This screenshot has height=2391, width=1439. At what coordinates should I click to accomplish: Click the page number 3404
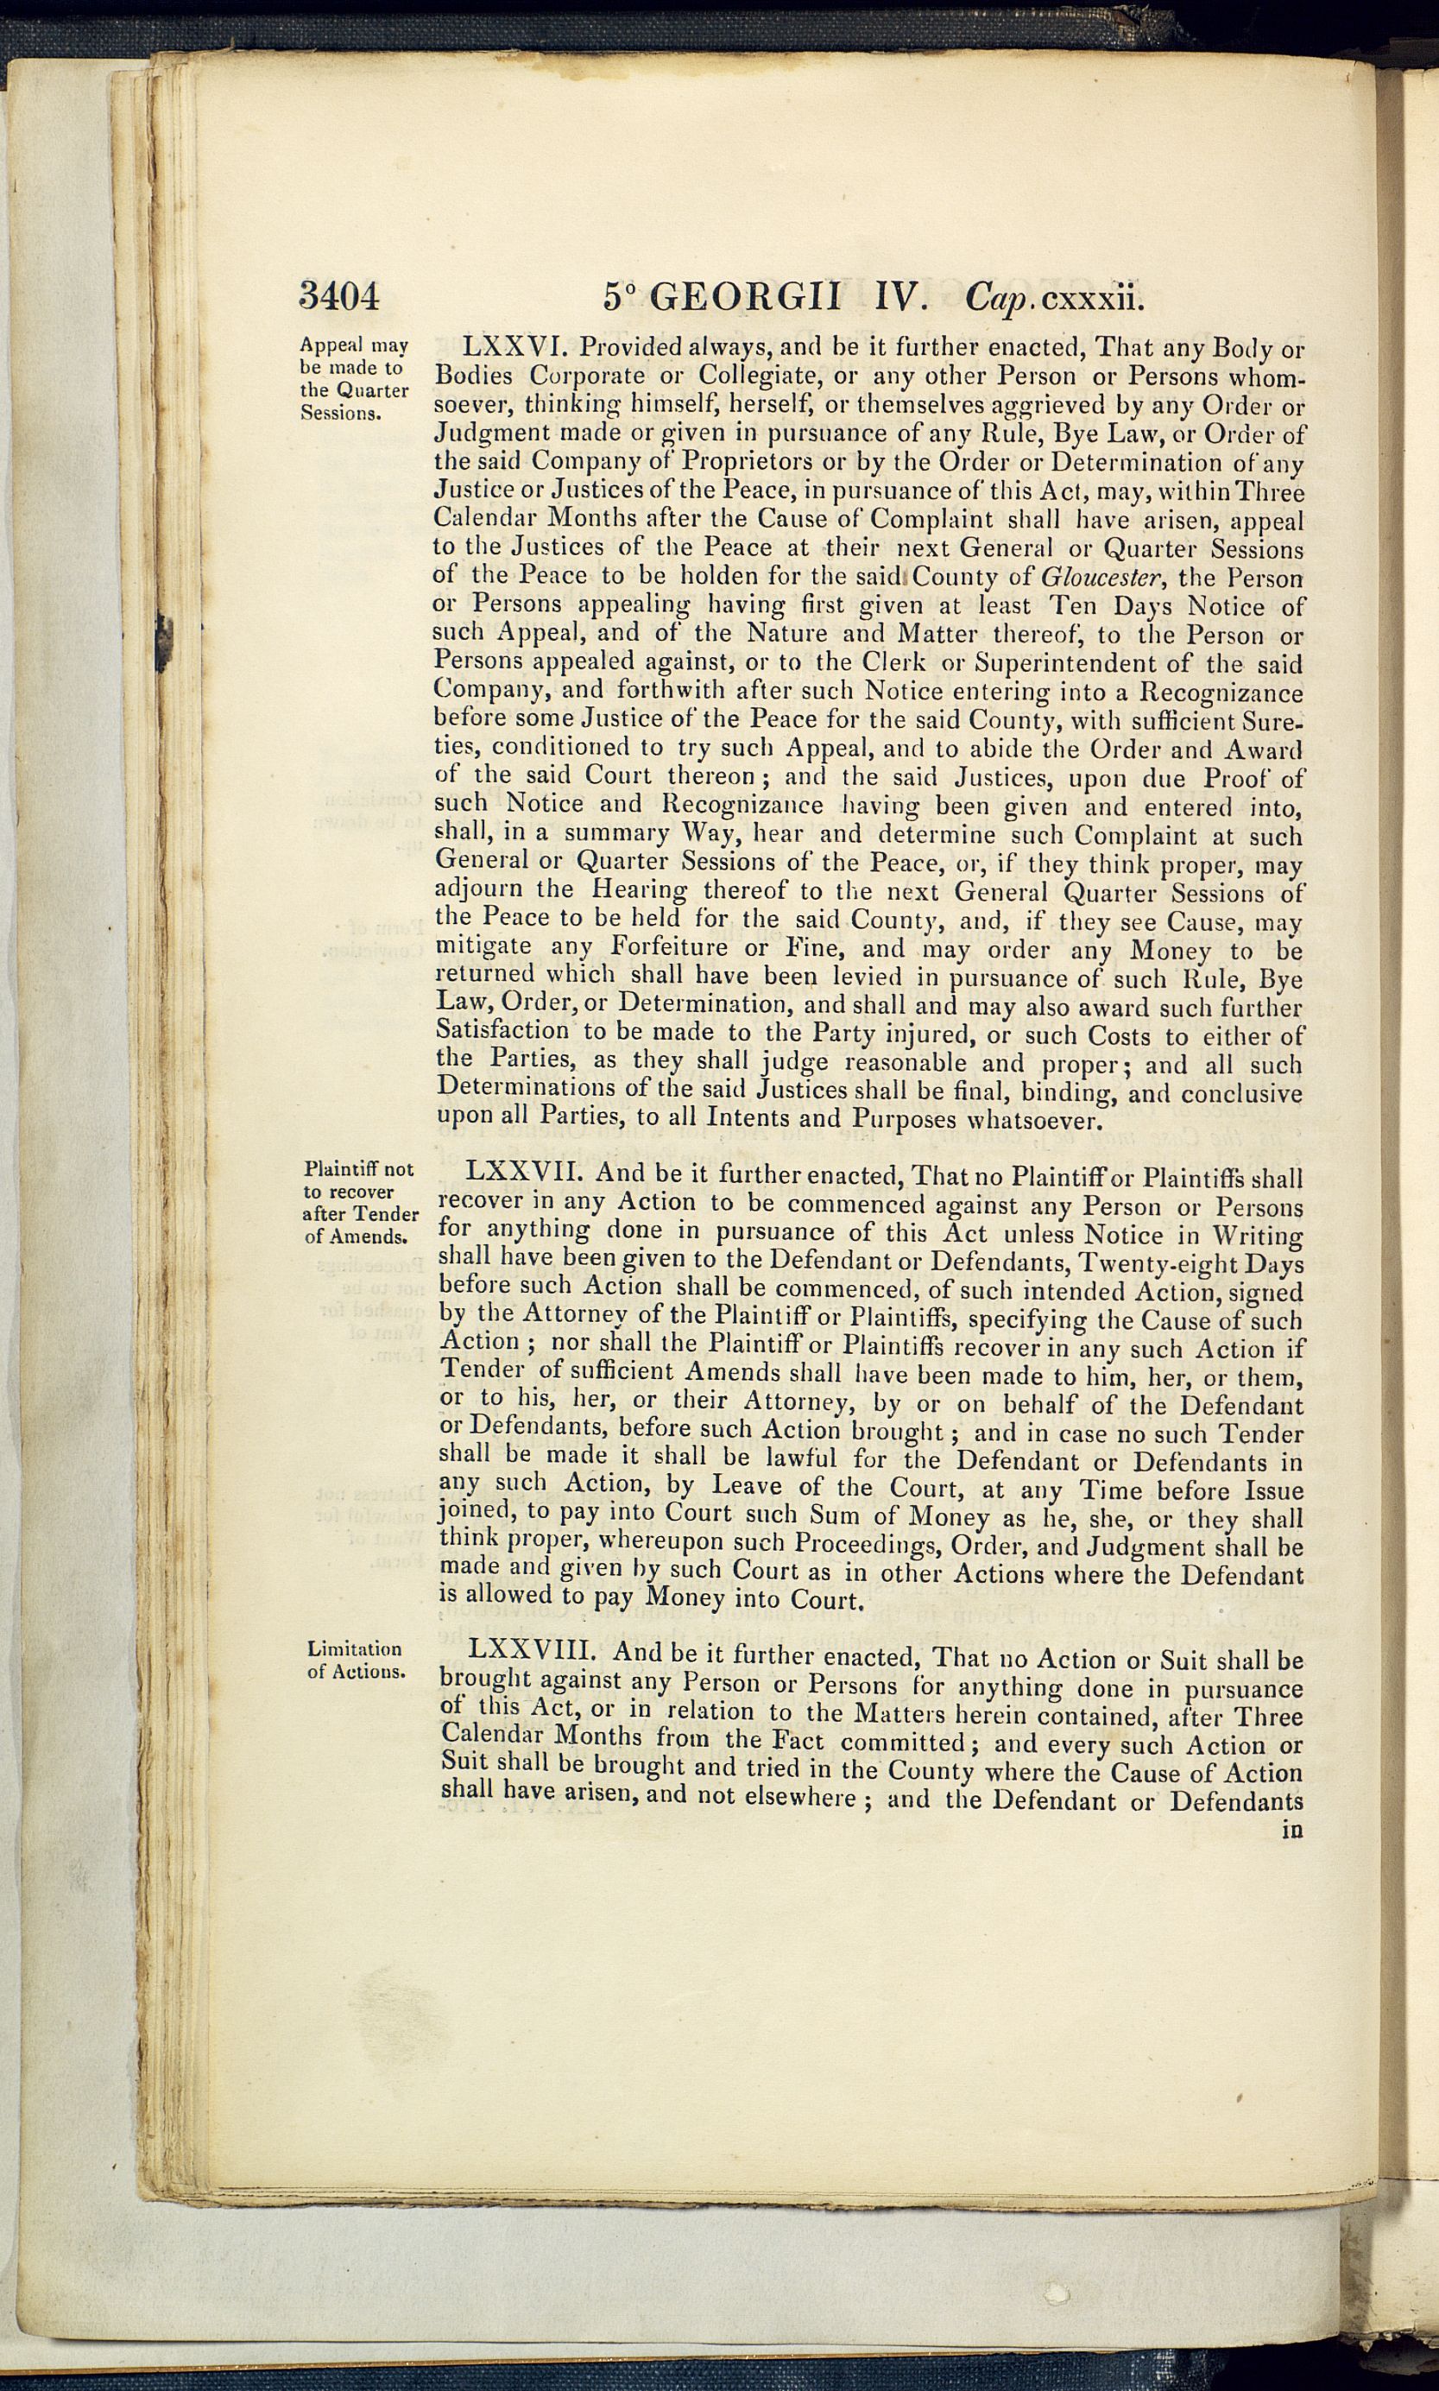tap(338, 294)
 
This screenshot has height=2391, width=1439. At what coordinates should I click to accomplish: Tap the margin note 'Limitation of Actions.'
tap(356, 1660)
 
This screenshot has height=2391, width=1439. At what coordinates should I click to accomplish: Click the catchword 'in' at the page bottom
tap(1291, 1831)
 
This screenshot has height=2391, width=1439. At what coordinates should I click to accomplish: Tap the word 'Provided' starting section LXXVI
tap(629, 346)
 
